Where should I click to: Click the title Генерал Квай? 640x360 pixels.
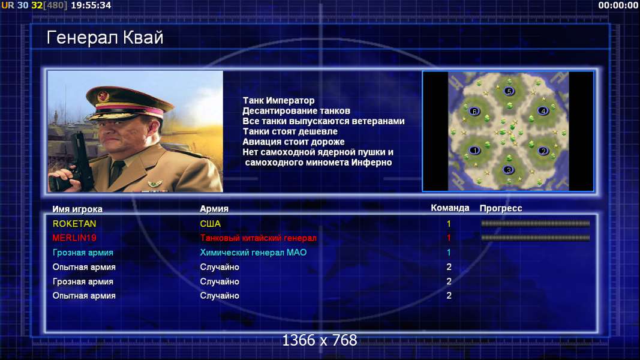[105, 38]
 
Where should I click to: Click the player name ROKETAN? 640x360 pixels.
[74, 224]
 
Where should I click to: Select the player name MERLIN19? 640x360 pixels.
[74, 238]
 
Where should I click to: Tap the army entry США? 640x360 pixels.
[210, 224]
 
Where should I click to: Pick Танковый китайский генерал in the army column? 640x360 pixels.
[258, 238]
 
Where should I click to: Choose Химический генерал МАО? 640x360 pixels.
[253, 252]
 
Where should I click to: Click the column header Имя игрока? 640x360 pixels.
[77, 209]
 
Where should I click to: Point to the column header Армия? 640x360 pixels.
[214, 209]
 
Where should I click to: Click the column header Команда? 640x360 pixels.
[450, 208]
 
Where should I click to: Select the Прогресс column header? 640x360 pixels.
[501, 208]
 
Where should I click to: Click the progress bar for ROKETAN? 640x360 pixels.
[535, 224]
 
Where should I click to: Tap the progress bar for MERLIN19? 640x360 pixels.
[535, 238]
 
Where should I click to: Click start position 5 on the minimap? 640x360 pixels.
[509, 91]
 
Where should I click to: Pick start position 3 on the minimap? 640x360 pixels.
[508, 170]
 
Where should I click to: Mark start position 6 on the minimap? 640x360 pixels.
[474, 111]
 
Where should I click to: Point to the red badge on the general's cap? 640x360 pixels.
[103, 97]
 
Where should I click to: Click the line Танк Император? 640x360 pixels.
[279, 100]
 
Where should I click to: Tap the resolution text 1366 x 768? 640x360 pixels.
[320, 340]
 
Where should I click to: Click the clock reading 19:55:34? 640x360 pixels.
[91, 5]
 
